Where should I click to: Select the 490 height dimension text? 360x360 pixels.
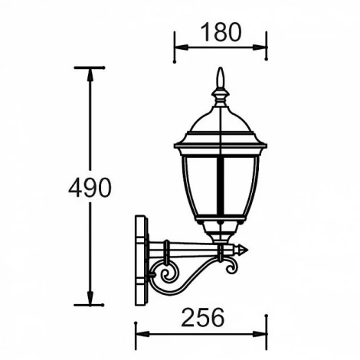point(90,187)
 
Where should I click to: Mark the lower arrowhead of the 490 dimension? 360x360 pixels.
point(90,299)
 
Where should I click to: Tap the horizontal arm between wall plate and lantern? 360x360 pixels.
point(188,249)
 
